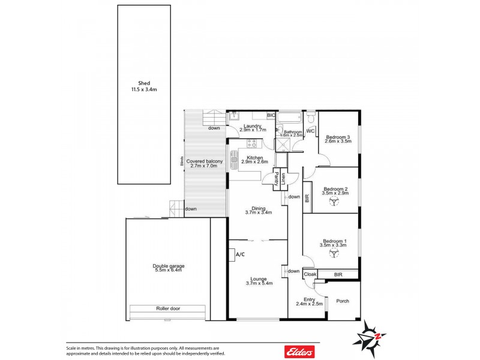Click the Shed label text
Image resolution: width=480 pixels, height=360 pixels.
coord(144,83)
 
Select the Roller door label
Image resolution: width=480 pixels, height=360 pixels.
coord(169,308)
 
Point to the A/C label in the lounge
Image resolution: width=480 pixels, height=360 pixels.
coord(240,254)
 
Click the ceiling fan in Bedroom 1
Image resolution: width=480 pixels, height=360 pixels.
coord(332,254)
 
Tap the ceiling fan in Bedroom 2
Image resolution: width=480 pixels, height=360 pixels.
coord(332,203)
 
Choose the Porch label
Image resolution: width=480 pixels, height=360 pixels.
coord(343,301)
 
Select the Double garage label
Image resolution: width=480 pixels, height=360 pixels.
coord(168,265)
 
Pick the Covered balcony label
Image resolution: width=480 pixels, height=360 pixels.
coord(205,161)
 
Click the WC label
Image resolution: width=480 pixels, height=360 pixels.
coord(311,131)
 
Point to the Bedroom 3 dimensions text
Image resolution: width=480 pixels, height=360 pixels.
coord(338,142)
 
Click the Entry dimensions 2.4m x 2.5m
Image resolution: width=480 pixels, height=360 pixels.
coord(310,304)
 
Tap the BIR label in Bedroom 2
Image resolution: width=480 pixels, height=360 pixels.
coord(307,198)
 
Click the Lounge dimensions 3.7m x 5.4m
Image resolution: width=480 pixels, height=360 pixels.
coord(259,283)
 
